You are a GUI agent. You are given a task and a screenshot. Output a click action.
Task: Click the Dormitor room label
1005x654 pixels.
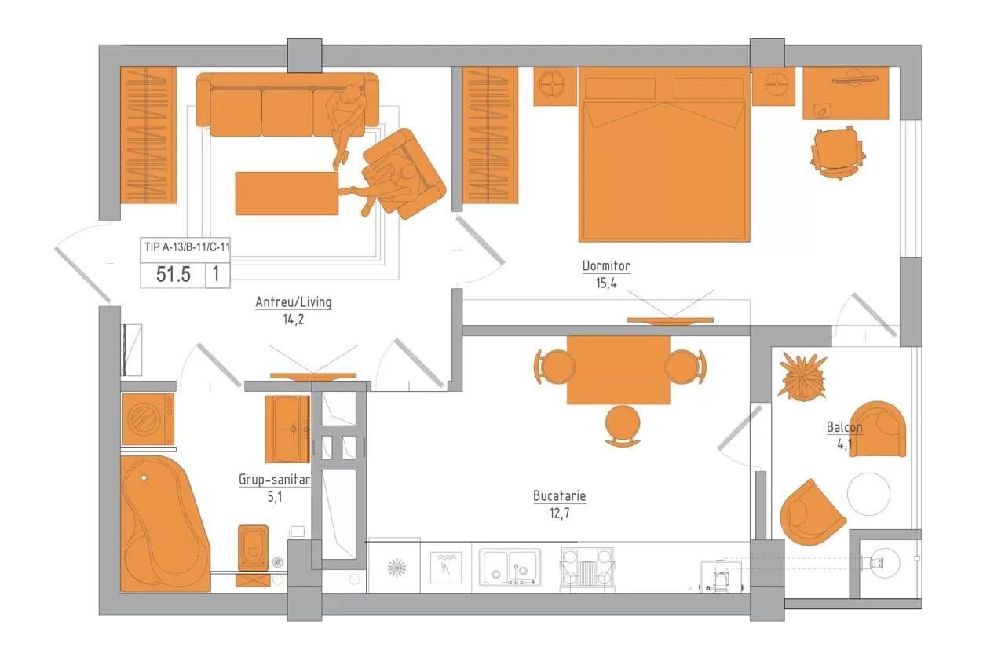605,266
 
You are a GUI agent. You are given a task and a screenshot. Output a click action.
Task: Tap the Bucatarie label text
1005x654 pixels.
559,496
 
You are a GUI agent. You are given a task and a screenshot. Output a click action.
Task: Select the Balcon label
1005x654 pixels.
844,427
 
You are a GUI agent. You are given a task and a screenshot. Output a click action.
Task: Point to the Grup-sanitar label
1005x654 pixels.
274,480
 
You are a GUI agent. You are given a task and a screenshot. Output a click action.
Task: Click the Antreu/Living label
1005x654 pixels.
294,302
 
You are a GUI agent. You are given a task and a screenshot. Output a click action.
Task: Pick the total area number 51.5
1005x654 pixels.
174,275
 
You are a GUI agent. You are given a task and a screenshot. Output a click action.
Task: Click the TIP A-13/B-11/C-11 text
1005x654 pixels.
187,247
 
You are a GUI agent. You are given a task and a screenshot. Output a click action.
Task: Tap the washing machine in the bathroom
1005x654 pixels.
148,419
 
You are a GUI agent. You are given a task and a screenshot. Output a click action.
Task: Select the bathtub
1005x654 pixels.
164,524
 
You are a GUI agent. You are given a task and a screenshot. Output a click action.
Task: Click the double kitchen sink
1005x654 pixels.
510,567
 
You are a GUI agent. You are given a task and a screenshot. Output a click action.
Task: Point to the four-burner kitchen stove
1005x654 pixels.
587,567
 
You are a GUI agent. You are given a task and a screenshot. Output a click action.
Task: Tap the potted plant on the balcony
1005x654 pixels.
802,376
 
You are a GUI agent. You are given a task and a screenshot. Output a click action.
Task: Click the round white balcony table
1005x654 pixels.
868,494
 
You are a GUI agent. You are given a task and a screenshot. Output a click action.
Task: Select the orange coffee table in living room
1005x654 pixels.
287,193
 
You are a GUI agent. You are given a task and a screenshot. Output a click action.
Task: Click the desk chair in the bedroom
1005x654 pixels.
838,153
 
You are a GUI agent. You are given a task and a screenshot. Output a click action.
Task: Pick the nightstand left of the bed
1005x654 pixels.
554,86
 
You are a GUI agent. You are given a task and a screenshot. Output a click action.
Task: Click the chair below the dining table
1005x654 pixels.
623,426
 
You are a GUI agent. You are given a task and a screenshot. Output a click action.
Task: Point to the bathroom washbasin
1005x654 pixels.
287,429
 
